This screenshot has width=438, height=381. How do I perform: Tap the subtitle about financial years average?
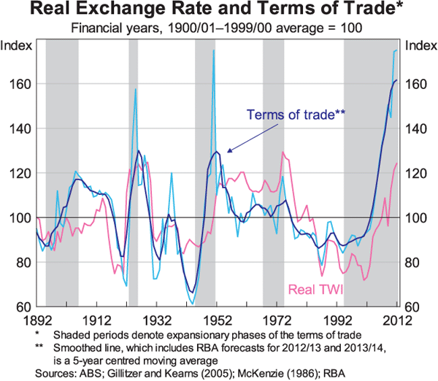[x=218, y=29]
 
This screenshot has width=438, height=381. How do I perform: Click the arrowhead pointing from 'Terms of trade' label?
[x=226, y=151]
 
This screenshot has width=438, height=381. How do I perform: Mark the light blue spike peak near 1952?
[x=214, y=50]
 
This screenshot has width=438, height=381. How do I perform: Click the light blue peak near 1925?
[x=136, y=89]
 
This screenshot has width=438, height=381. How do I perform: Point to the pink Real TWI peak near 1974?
[x=283, y=152]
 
